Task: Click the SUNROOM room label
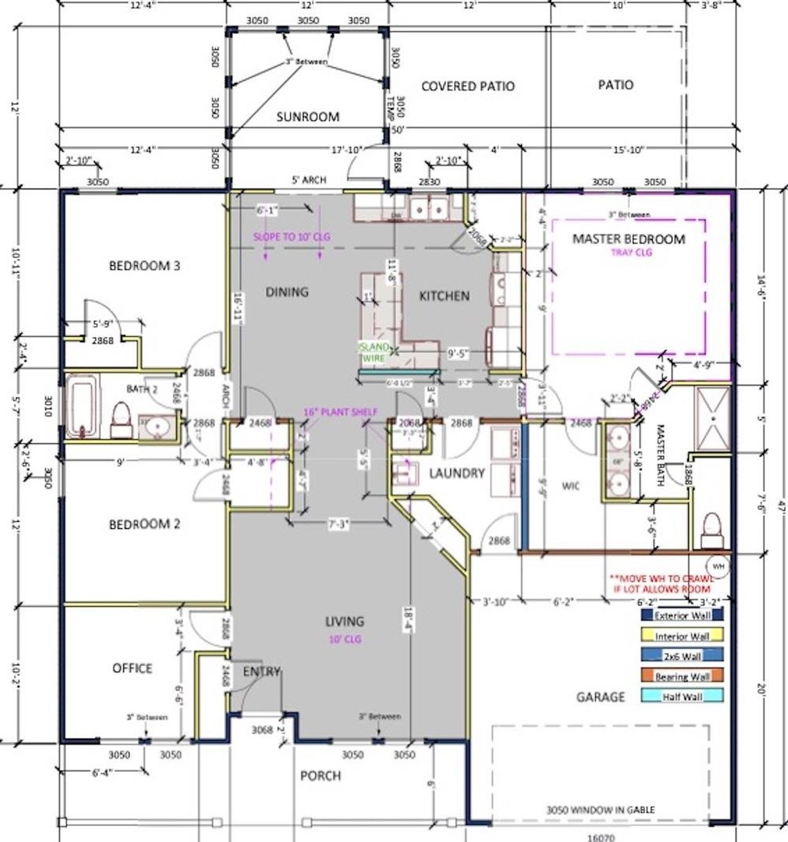307,116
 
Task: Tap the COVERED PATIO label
467,86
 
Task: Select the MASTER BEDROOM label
629,239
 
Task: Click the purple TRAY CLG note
631,252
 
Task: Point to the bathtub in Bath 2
82,406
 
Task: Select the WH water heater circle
718,565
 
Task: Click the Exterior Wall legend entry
681,615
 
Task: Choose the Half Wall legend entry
681,697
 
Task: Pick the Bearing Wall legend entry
681,676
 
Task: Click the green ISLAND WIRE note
374,353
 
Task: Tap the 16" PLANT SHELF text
340,412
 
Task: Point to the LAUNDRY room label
456,473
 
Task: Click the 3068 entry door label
262,730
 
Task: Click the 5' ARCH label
309,180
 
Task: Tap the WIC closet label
571,486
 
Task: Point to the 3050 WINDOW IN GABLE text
600,810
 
